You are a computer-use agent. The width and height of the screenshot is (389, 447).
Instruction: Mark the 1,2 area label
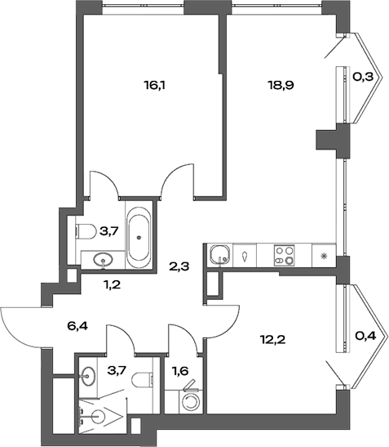pos(111,285)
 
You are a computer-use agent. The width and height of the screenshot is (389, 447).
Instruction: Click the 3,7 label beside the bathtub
pos(110,232)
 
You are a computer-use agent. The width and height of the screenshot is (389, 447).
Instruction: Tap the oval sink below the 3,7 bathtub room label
pos(104,261)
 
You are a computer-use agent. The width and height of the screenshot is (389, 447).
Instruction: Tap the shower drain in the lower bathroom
pos(97,416)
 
